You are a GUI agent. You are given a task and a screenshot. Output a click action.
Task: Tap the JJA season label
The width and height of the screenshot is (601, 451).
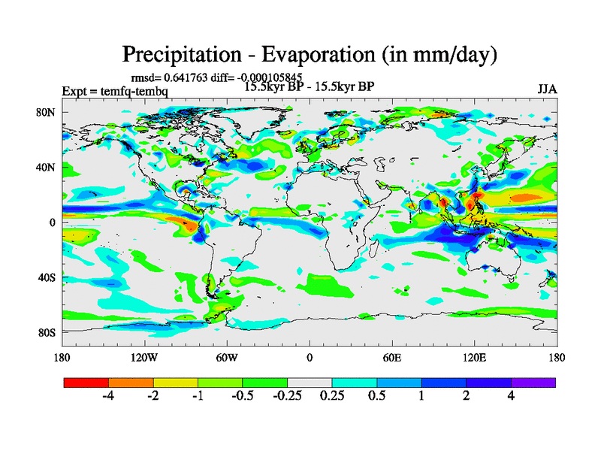(546, 89)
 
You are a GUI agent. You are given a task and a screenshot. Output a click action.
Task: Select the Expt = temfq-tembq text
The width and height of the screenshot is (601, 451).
(115, 92)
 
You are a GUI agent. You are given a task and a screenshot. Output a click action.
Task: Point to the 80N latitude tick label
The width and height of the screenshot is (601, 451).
(47, 112)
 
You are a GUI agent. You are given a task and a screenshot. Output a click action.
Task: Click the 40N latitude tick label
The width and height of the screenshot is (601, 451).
(47, 167)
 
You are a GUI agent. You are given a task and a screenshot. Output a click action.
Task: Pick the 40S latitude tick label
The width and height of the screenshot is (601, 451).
(47, 277)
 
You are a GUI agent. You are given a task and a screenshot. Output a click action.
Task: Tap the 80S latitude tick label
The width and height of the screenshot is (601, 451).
(47, 332)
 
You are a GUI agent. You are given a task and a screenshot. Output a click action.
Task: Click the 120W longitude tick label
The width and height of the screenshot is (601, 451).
(144, 357)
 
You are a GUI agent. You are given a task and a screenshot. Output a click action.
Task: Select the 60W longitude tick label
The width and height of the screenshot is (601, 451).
(227, 357)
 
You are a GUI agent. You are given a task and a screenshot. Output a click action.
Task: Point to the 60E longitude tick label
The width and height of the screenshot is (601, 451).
(391, 357)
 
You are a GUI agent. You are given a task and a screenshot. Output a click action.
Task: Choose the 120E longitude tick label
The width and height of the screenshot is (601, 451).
(474, 357)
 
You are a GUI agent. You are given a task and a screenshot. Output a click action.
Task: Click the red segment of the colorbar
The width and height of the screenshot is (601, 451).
(86, 382)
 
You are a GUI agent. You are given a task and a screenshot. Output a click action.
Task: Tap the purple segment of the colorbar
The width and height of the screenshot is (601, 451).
(533, 382)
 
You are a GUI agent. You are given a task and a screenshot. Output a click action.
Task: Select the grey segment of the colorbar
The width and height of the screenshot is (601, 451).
(310, 382)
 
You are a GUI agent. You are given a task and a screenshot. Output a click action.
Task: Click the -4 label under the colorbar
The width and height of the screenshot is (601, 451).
(108, 396)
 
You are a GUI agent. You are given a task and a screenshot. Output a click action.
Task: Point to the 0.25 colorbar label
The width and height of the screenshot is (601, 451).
(332, 396)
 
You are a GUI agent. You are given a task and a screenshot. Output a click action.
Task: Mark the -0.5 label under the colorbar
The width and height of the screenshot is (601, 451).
(242, 396)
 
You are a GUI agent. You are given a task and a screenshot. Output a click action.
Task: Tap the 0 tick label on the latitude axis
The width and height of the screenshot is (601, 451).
(53, 222)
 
